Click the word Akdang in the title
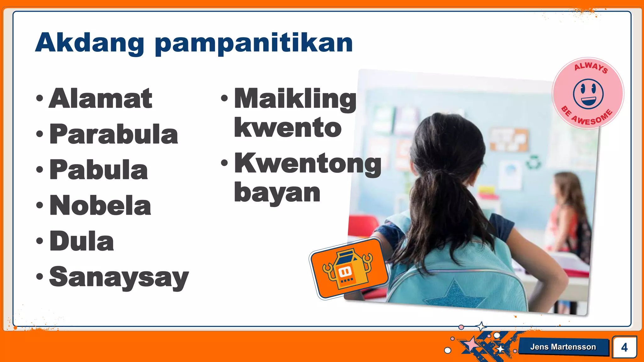(x=90, y=43)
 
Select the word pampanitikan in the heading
(x=254, y=44)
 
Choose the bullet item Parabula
(x=114, y=134)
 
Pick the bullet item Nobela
(x=100, y=206)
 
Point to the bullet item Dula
(x=82, y=241)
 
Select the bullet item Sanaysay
(x=119, y=277)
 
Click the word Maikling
(x=295, y=99)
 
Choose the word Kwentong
(x=308, y=163)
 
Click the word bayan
(x=277, y=192)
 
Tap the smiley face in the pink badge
(x=588, y=94)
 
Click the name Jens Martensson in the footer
(x=563, y=347)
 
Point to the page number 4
(x=624, y=347)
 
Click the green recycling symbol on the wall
(x=534, y=162)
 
